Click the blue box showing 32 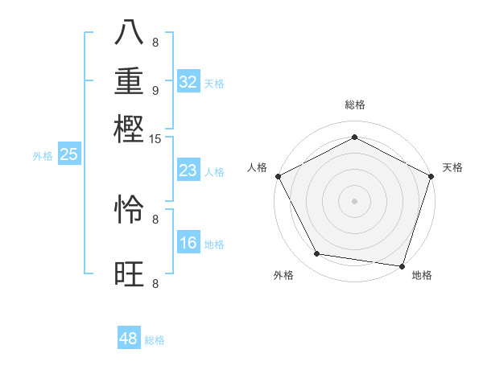click(x=188, y=82)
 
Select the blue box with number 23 click(x=188, y=171)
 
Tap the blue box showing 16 click(x=188, y=243)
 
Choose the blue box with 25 click(x=68, y=155)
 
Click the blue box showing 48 click(x=129, y=339)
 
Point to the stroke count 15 click(x=155, y=138)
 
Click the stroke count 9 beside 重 click(x=155, y=90)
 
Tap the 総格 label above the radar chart click(x=354, y=105)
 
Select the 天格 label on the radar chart click(x=452, y=167)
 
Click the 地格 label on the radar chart click(x=422, y=275)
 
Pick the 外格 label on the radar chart click(x=283, y=275)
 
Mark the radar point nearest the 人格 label click(x=278, y=176)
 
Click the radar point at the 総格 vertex click(x=354, y=138)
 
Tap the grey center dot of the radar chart click(x=354, y=200)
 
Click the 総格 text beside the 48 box click(x=155, y=340)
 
